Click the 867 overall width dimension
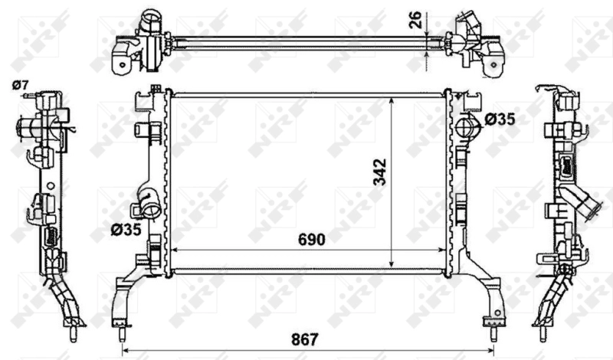(x=305, y=339)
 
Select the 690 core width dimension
(x=312, y=240)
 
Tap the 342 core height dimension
(x=379, y=172)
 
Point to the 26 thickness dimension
(x=417, y=20)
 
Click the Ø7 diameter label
(x=21, y=85)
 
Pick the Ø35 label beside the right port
(x=500, y=119)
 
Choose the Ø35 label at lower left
(x=126, y=230)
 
